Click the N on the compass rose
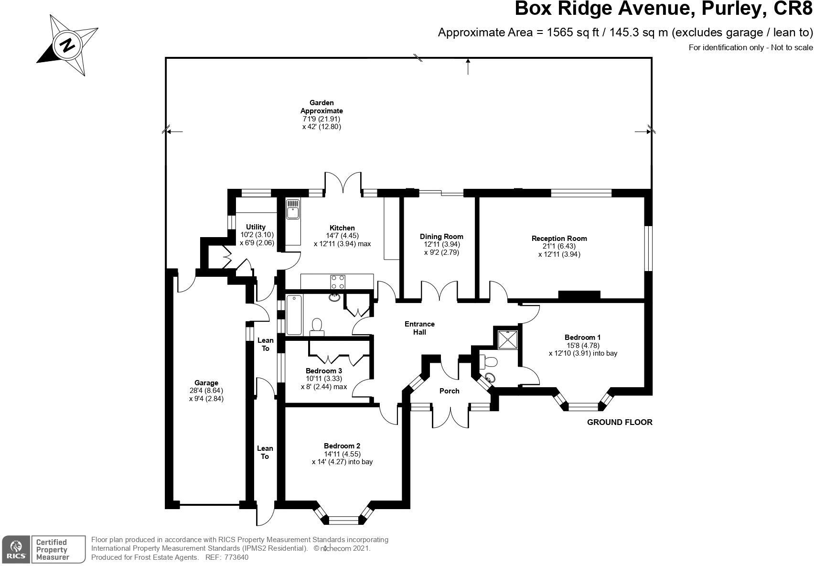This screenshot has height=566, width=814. click(x=67, y=46)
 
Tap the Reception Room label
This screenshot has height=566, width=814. click(x=559, y=239)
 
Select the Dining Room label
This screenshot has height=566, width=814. click(x=441, y=237)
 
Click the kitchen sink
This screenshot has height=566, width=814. click(x=292, y=209)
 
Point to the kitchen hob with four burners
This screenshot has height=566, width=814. click(x=338, y=282)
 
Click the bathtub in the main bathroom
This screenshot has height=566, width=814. click(x=294, y=315)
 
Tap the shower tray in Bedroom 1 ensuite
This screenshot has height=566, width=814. click(x=508, y=340)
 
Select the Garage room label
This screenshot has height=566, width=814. click(x=206, y=382)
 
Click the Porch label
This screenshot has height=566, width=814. click(x=450, y=391)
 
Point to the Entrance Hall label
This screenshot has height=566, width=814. click(x=420, y=328)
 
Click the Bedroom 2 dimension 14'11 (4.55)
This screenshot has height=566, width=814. click(x=343, y=454)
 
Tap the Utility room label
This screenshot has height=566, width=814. click(x=256, y=227)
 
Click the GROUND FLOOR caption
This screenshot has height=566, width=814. click(x=620, y=422)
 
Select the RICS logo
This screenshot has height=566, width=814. click(x=16, y=550)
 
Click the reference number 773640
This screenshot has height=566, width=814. click(x=236, y=557)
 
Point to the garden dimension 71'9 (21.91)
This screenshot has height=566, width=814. click(x=321, y=119)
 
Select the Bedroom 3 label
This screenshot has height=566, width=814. click(x=324, y=371)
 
